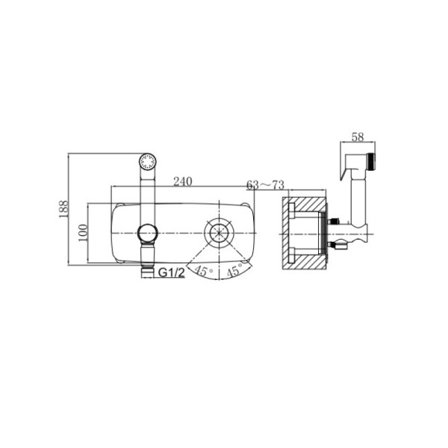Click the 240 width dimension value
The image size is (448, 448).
click(x=183, y=181)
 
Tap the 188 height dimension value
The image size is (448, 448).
click(x=63, y=209)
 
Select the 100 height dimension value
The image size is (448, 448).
click(x=83, y=233)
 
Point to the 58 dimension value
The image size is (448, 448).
click(x=358, y=137)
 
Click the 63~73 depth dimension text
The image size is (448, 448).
click(x=265, y=185)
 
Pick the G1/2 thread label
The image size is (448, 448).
click(x=172, y=273)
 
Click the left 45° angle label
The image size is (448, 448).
click(x=203, y=270)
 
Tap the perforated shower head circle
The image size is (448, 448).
click(x=147, y=162)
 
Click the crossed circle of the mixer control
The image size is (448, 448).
click(x=219, y=232)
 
